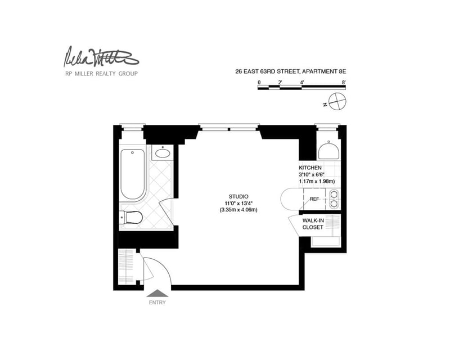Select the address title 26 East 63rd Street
[291, 72]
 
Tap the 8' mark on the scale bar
[343, 82]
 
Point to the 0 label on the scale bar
[259, 82]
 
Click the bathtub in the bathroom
[133, 174]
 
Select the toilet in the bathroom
[132, 218]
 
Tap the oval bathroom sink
[163, 152]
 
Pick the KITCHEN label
[310, 168]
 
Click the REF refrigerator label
[314, 199]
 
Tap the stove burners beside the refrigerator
[335, 199]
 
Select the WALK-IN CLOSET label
[313, 224]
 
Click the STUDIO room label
[231, 196]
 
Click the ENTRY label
[157, 302]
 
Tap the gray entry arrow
[157, 292]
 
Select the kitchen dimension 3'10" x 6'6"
[314, 174]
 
